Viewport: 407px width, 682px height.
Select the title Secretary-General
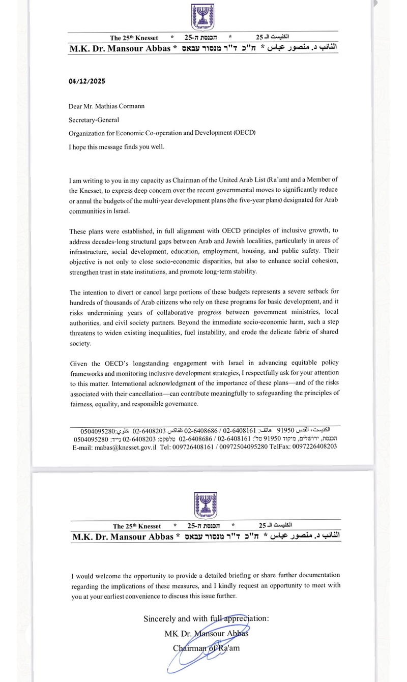[x=94, y=120]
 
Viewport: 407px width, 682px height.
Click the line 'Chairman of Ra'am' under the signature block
[x=206, y=647]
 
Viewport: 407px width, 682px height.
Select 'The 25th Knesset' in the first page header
[x=134, y=38]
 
